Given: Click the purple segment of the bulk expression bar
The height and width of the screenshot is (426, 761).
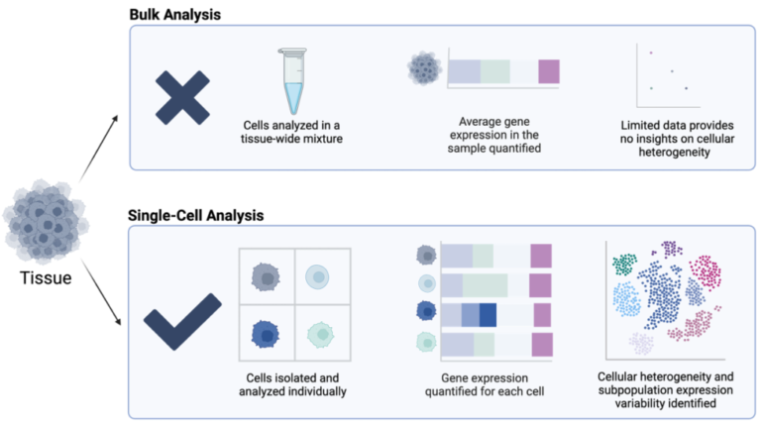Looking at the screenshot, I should pos(549,71).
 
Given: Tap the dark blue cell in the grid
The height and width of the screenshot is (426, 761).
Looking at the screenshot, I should pos(267,332).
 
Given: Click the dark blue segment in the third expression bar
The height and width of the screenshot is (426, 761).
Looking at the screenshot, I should pos(489,315).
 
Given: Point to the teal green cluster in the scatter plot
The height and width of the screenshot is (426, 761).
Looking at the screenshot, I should pos(624,264).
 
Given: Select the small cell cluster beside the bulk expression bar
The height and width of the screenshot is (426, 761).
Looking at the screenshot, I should pos(424,69).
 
